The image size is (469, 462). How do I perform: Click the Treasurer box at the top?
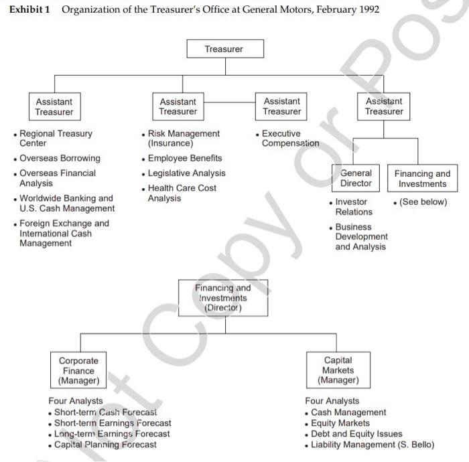pos(224,49)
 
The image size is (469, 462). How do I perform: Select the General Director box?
pos(356,178)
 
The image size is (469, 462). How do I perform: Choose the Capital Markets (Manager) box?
pos(338,370)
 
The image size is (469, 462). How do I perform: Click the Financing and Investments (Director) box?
pos(223,298)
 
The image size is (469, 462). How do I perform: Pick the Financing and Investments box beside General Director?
pos(422,179)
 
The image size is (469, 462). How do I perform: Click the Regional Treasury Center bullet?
pos(56,139)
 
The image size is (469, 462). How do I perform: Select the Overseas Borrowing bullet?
pos(60,158)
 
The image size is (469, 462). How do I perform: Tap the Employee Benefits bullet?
pos(184,158)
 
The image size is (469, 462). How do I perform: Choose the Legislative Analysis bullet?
pos(186,173)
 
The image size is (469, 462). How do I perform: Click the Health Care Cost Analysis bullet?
pos(182,193)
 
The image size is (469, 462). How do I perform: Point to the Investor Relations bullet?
pos(353,206)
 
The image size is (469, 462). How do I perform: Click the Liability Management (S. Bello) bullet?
pos(372,445)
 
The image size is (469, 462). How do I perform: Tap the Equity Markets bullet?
pos(340,423)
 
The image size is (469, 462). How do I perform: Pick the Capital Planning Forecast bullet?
pos(105,445)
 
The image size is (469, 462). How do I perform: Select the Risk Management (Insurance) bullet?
pos(183,139)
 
